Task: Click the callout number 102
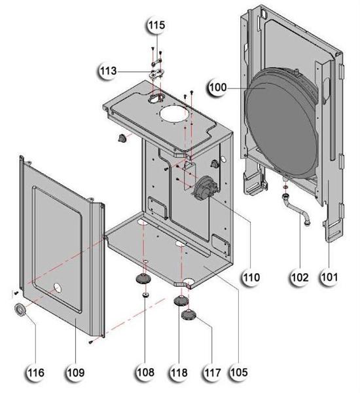click(x=301, y=276)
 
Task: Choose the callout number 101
click(x=329, y=276)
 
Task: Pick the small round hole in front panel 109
click(x=58, y=287)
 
